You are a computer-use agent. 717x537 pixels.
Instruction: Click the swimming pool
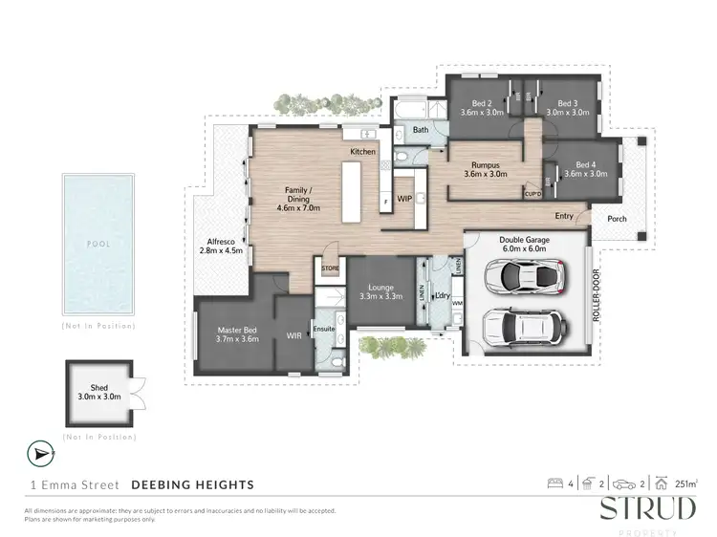coord(98,245)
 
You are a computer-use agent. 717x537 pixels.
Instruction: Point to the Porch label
coord(617,218)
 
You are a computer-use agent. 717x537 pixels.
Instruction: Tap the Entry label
coord(563,216)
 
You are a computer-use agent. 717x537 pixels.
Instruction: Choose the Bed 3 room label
coord(568,107)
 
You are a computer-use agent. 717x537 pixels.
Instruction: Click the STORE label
coord(330,269)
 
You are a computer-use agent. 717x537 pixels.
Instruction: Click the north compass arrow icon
coord(37,452)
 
